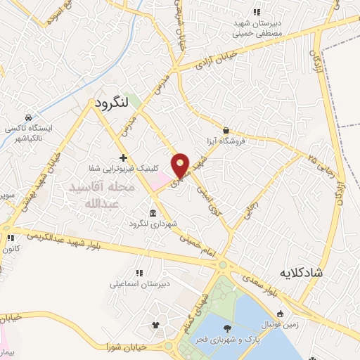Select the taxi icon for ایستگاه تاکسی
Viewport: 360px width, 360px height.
pyautogui.click(x=27, y=117)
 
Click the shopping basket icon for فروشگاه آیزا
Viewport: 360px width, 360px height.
pyautogui.click(x=225, y=130)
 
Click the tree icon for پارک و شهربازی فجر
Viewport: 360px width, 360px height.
pyautogui.click(x=226, y=328)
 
